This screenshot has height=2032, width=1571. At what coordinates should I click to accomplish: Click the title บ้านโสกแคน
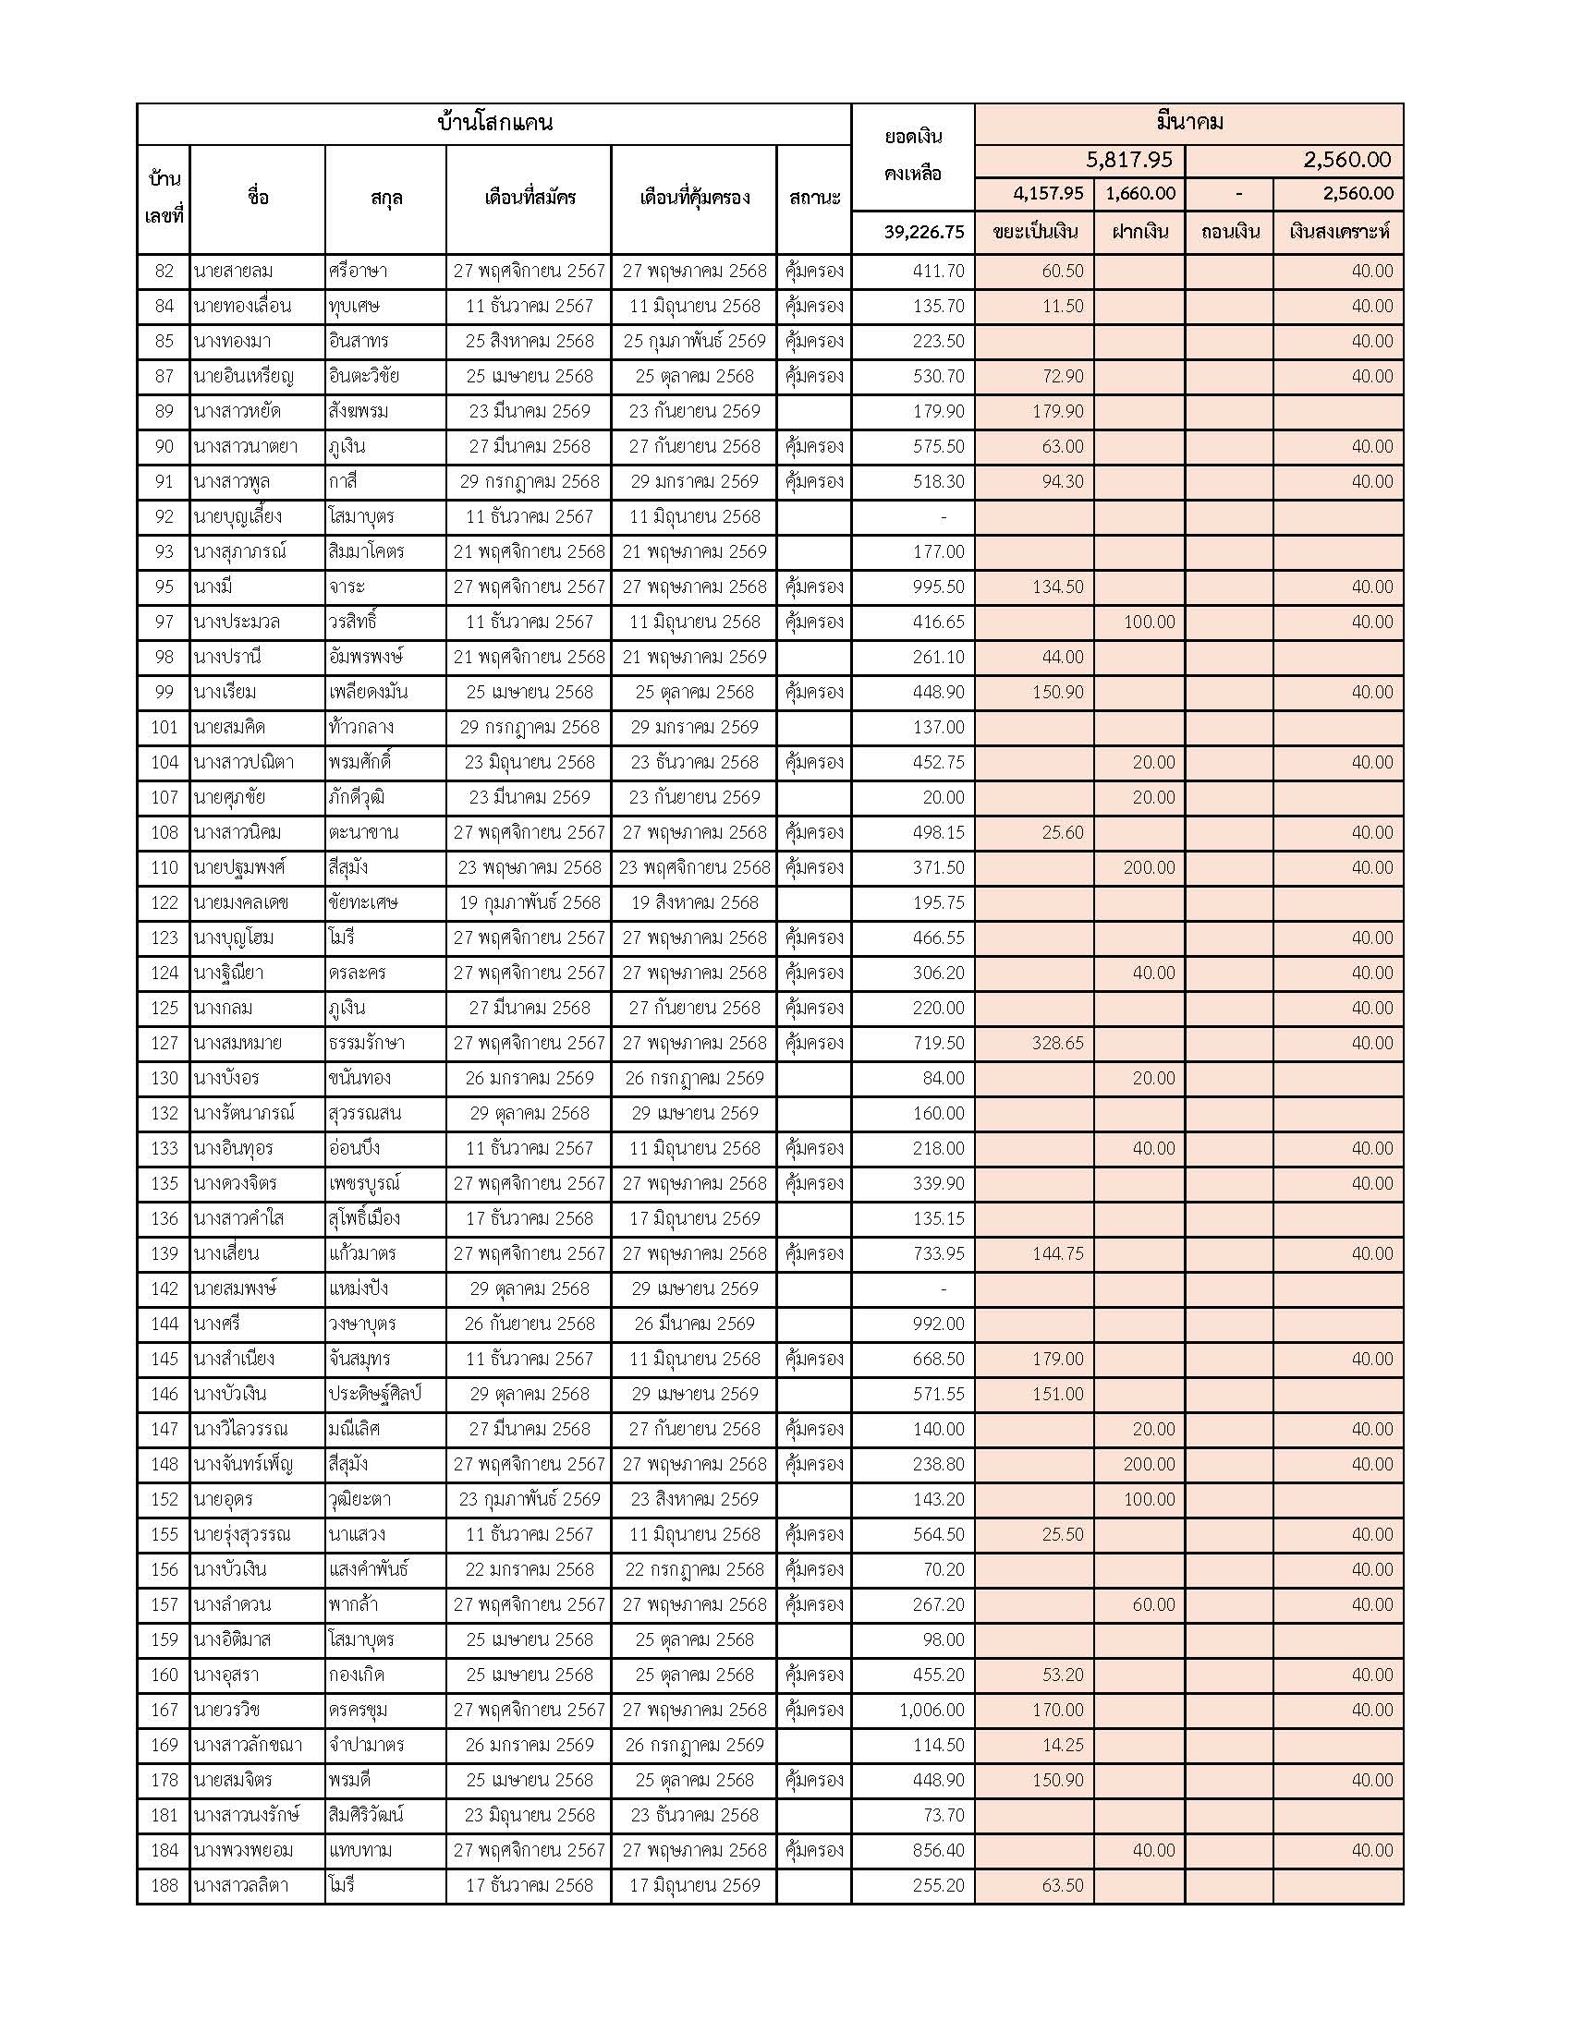click(x=494, y=123)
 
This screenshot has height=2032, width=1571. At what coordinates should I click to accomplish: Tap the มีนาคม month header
click(x=1188, y=122)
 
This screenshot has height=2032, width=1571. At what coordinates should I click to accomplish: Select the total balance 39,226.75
click(x=923, y=232)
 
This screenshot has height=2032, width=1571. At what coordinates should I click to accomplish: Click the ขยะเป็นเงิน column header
click(x=1034, y=232)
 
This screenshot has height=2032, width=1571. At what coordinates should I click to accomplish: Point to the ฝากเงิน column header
click(x=1139, y=232)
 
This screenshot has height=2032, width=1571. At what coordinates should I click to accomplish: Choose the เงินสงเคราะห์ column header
click(x=1338, y=232)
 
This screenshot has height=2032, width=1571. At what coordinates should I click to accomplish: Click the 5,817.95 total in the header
click(x=1129, y=160)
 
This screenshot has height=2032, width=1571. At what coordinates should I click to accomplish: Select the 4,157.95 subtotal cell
click(x=1048, y=194)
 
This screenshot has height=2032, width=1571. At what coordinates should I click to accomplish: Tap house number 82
click(x=164, y=271)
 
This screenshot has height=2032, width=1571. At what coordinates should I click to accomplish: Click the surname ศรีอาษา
click(x=359, y=271)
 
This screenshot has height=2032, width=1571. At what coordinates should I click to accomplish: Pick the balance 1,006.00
click(x=932, y=1710)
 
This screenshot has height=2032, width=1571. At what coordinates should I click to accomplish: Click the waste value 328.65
click(x=1057, y=1043)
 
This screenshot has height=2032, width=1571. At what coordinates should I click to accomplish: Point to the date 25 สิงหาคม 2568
click(x=529, y=341)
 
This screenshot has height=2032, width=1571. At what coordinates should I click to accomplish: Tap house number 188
click(x=164, y=1885)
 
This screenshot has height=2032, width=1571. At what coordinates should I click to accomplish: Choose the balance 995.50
click(x=938, y=587)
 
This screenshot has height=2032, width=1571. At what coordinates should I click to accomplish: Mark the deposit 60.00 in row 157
click(x=1153, y=1604)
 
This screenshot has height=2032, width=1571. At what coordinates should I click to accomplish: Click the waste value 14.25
click(x=1062, y=1745)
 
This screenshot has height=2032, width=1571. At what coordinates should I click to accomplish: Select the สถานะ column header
click(x=814, y=198)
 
